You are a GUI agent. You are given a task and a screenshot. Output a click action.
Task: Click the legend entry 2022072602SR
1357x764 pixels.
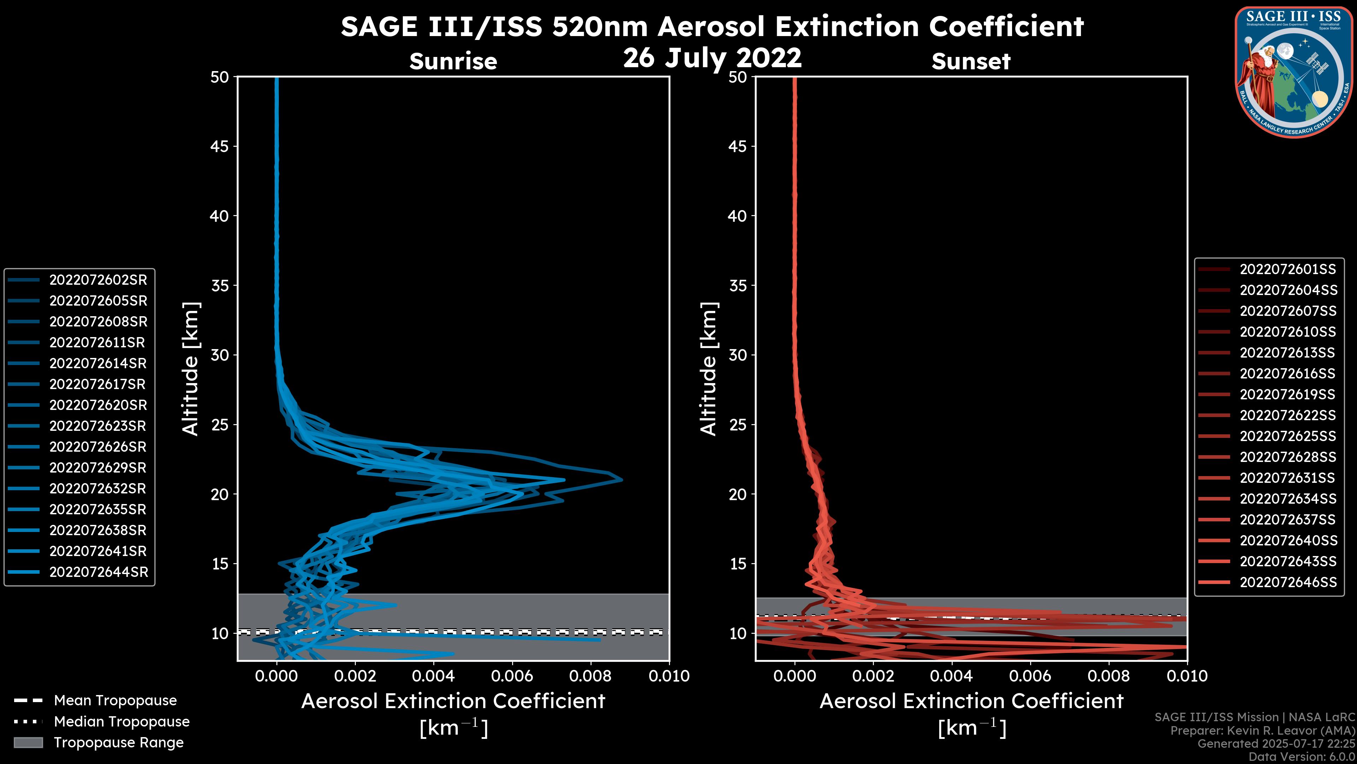coord(98,280)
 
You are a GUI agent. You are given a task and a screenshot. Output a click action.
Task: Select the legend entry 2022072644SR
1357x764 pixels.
coord(99,572)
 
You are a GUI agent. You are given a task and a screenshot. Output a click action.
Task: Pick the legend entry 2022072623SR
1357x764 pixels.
coord(98,426)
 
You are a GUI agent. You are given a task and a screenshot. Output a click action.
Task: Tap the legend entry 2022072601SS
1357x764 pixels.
coord(1287,270)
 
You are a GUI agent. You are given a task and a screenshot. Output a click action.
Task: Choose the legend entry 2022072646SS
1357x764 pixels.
coord(1288,582)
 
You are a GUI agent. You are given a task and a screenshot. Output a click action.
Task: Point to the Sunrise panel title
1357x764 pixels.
coord(453,61)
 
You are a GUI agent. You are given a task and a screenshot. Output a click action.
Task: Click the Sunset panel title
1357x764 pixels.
coord(971,61)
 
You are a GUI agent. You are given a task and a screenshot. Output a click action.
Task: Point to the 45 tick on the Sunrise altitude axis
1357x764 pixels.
coord(220,146)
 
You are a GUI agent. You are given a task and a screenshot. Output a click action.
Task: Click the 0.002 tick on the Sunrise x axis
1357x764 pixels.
coord(355,676)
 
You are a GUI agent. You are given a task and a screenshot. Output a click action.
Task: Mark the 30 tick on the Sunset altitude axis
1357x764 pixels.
coord(738,355)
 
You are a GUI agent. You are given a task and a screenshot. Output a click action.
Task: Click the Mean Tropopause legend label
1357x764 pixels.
coord(115,700)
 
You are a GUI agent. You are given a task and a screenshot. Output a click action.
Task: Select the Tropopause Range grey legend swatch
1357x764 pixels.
coord(28,742)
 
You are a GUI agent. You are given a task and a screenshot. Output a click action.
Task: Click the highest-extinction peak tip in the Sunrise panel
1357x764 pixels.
coord(622,480)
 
